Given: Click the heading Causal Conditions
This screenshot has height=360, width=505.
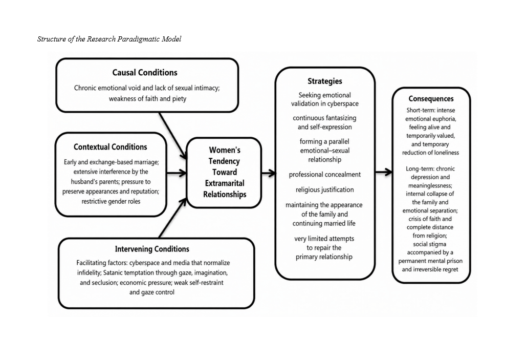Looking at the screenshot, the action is pos(145,73).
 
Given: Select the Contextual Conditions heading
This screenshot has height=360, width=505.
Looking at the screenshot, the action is pos(110,147).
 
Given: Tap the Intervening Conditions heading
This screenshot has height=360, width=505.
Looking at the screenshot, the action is pos(152,249).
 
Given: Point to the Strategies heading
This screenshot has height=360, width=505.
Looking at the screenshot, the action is pos(324,81).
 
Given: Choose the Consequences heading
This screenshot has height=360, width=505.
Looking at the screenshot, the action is pos(431,99).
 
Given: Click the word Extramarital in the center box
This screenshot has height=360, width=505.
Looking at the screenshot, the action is pos(225,183).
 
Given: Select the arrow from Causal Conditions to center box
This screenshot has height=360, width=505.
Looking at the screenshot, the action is pos(173,135).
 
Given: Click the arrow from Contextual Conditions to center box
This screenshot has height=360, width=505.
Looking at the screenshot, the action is pos(177,173).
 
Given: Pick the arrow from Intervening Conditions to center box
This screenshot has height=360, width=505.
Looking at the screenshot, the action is pos(173,218).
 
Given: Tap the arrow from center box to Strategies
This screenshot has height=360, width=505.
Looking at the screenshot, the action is pos(269,174).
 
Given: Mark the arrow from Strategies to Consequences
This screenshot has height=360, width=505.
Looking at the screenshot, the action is pos(384,172).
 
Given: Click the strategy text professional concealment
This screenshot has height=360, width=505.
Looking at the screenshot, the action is pos(324,175).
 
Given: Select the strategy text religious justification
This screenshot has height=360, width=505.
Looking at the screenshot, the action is pos(324,190).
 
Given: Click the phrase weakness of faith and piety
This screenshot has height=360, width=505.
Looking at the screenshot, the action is pos(147,99).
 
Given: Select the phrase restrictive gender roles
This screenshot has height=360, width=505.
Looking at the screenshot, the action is pos(111,201).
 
